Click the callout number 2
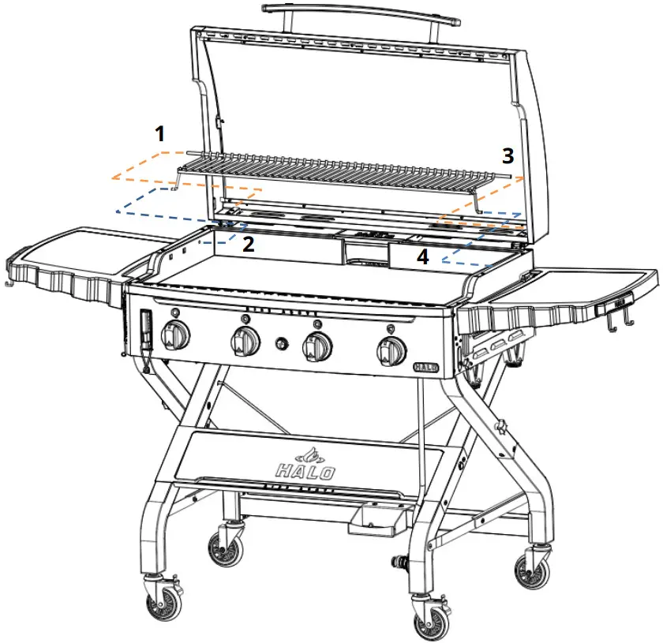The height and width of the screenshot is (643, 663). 248,245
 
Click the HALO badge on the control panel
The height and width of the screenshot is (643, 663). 425,367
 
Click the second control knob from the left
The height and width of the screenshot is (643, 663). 245,342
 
